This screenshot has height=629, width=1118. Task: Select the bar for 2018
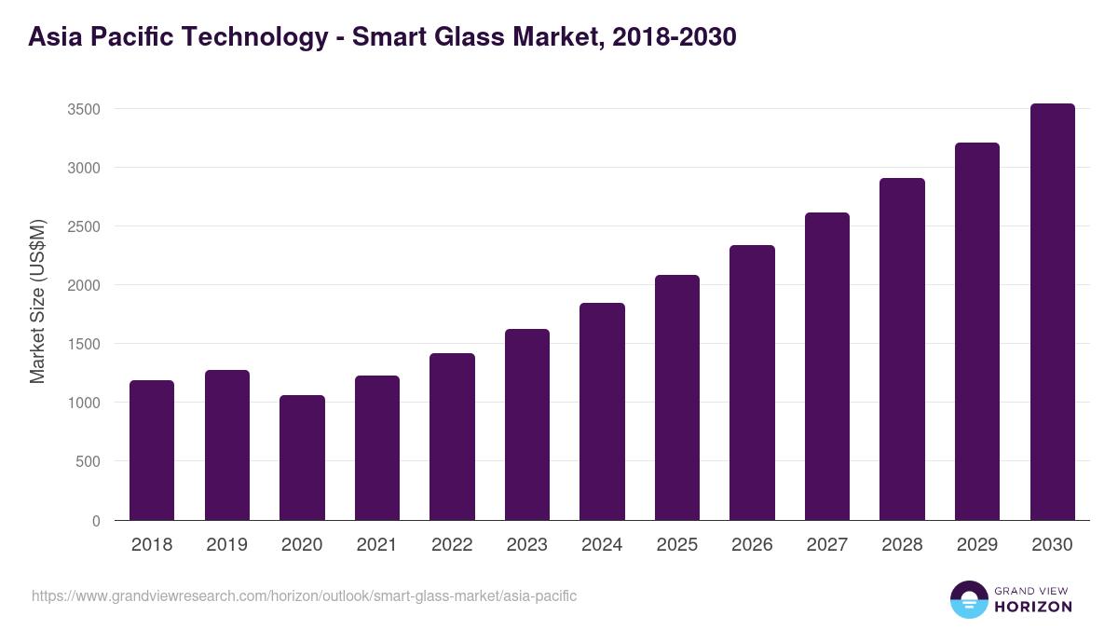(152, 450)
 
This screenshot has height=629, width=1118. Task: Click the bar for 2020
(302, 458)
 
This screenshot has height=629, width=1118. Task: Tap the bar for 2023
(527, 425)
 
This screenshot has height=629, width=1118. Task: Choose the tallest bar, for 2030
(1052, 312)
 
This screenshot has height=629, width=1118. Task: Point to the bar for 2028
(902, 349)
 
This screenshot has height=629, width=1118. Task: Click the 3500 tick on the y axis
(84, 109)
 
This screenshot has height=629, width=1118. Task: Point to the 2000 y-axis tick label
(84, 285)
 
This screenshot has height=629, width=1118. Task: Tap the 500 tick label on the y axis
(88, 461)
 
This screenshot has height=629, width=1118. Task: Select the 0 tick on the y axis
(96, 520)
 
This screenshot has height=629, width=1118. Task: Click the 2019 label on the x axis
(226, 545)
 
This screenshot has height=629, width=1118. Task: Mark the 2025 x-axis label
(676, 545)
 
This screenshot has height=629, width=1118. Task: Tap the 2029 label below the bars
(976, 545)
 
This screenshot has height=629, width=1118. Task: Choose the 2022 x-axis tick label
(452, 545)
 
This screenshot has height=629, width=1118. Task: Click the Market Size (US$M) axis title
(37, 301)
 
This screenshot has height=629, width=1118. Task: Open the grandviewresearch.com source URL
(305, 595)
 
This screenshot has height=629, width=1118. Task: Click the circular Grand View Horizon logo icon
(968, 599)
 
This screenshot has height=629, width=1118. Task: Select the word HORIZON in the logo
(1033, 607)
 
